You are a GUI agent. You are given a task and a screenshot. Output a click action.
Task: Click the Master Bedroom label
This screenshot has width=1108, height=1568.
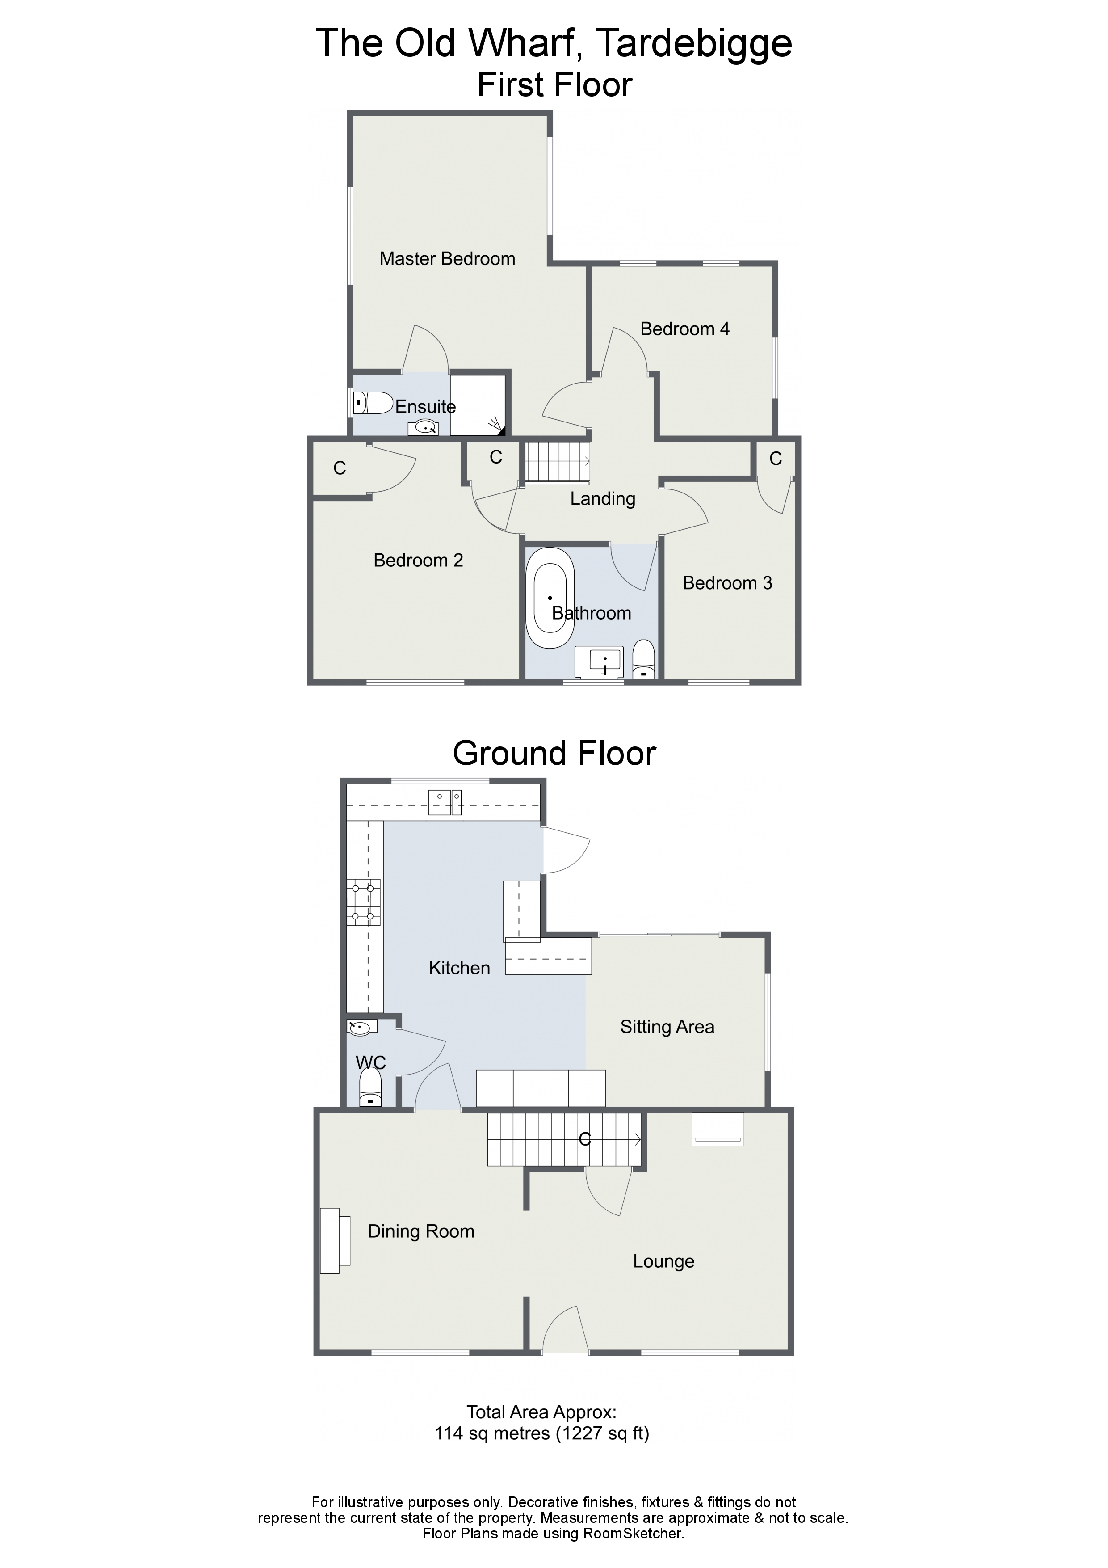pyautogui.click(x=447, y=259)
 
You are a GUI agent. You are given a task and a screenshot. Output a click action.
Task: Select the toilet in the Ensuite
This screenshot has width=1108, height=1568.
pyautogui.click(x=373, y=402)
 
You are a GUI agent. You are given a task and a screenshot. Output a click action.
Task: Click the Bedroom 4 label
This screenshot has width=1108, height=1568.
pyautogui.click(x=685, y=329)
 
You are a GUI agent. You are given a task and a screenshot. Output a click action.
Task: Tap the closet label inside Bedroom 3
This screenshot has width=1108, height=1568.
pyautogui.click(x=776, y=459)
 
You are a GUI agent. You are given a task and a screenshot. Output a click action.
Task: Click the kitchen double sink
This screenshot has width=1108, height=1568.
pyautogui.click(x=445, y=802)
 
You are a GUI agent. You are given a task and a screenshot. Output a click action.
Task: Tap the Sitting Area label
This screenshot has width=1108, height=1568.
pyautogui.click(x=667, y=1027)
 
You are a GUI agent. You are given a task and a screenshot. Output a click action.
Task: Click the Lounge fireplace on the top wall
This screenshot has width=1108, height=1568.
pyautogui.click(x=718, y=1129)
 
